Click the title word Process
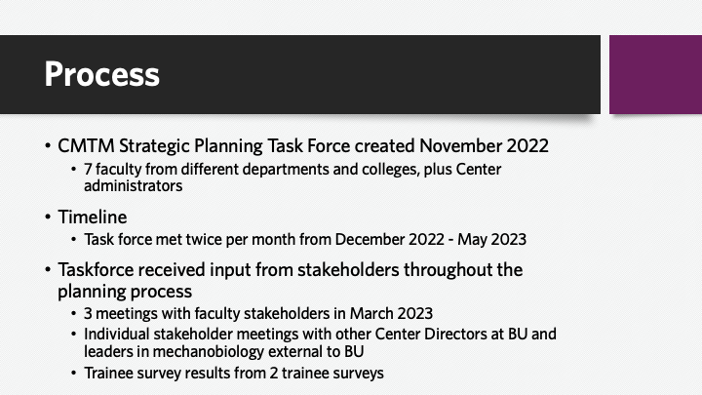pos(101,74)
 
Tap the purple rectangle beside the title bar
pos(655,74)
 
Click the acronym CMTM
pos(86,146)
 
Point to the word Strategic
pos(154,146)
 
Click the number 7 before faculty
pos(88,170)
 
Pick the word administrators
pos(133,186)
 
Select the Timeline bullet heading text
pos(93,217)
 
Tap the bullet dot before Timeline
pos(48,217)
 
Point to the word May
pos(471,240)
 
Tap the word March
pos(369,313)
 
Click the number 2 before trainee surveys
pos(274,373)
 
